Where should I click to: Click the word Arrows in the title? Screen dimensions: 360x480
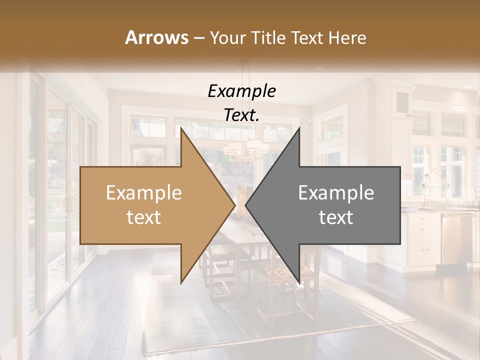tap(156, 37)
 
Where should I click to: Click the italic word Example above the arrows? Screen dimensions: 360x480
tap(241, 91)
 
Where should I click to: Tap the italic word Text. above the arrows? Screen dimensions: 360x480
tap(241, 115)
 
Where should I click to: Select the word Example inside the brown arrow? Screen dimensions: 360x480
tap(143, 193)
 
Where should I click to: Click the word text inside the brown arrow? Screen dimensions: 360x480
tap(143, 217)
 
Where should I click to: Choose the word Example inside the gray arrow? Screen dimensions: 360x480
tap(336, 193)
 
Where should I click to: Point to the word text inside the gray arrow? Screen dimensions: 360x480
tap(336, 217)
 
